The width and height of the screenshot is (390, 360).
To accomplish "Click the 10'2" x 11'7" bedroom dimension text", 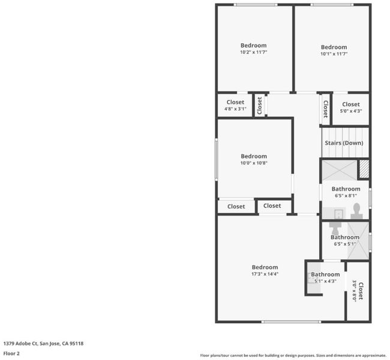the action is [x=253, y=52].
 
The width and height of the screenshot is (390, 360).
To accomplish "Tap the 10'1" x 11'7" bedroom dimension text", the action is [x=334, y=54].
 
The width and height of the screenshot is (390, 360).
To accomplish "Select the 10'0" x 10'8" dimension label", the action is [x=254, y=163].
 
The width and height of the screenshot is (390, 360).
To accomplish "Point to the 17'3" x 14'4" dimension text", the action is [x=265, y=274].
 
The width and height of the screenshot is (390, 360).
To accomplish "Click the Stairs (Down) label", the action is [x=344, y=143].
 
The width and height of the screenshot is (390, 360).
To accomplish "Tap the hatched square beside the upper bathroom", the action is [x=364, y=169].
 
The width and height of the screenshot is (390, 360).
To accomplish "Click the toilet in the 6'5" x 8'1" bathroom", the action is [x=356, y=211].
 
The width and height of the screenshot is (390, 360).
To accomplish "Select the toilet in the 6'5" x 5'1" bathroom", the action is [x=335, y=228].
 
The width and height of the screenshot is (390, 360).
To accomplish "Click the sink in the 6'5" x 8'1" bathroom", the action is [x=338, y=214].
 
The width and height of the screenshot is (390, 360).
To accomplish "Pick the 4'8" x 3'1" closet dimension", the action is [x=235, y=109].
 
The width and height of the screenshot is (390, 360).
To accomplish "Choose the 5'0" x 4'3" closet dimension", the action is [x=351, y=111].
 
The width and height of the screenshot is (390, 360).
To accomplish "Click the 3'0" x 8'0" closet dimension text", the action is [x=355, y=291].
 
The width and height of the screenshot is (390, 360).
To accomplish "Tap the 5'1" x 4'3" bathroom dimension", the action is [x=325, y=281].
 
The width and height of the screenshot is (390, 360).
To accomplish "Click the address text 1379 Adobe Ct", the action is [x=20, y=344].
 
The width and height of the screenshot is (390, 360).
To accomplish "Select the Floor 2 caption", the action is [x=11, y=353].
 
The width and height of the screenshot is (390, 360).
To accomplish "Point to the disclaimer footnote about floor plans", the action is [x=293, y=356].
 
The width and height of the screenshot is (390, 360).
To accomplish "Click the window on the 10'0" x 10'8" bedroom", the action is [x=216, y=159].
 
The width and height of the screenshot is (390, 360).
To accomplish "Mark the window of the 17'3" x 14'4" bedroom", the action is [x=291, y=322].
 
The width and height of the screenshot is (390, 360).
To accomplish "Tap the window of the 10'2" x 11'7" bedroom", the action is [x=256, y=5].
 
